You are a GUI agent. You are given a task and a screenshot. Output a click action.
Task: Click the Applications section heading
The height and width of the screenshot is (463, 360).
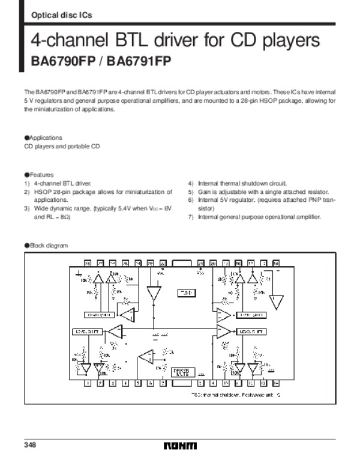pos(44,138)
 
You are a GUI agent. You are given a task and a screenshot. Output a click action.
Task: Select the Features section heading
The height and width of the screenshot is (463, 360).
pos(40,174)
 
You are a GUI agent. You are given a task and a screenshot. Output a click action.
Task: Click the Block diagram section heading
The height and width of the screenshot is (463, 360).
pos(47,245)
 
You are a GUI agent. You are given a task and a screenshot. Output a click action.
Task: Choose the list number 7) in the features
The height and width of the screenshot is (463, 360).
pos(190,217)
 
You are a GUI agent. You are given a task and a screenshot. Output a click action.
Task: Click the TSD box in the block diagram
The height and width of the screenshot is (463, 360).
pos(185,292)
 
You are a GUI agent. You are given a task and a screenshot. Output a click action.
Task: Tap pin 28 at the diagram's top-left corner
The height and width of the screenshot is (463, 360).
pos(88,263)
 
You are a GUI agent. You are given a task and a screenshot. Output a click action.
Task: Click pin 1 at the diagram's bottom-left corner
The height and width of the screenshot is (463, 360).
pos(88,383)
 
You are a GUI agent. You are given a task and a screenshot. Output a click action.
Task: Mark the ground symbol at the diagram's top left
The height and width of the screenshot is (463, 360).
pos(79,273)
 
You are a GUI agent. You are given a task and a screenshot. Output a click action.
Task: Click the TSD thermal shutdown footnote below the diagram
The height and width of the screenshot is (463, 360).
pos(236,395)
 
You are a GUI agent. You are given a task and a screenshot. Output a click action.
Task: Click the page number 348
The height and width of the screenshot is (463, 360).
pos(30,445)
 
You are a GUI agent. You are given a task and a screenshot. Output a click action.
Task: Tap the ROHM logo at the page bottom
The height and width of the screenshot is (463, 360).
pos(180,446)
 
